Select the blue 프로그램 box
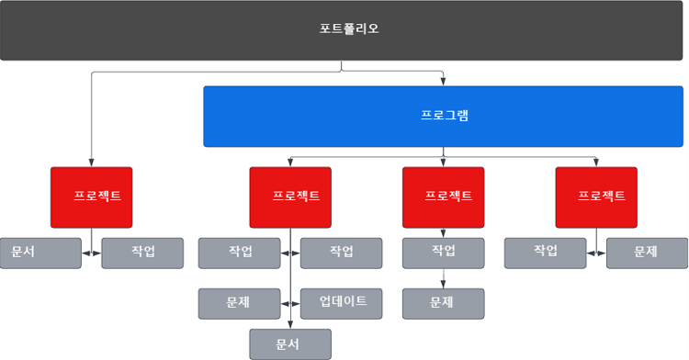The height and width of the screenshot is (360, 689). [443, 117]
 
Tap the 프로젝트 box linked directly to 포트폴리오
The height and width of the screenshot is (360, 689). [91, 197]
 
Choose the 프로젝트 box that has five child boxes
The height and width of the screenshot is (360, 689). [290, 197]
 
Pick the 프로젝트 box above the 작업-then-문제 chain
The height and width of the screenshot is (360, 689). [443, 197]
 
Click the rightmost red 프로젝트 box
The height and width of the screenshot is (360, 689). [596, 197]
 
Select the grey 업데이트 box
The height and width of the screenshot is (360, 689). [341, 303]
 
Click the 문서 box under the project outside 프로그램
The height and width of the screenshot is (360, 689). [40, 253]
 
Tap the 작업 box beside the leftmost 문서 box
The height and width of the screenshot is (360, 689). [142, 253]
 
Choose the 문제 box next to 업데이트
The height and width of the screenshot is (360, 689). [239, 303]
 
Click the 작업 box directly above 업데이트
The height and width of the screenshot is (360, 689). [341, 253]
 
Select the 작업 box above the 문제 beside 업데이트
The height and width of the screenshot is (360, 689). [239, 253]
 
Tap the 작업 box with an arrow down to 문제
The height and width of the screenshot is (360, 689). [443, 253]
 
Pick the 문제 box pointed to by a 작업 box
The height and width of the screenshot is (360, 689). [443, 303]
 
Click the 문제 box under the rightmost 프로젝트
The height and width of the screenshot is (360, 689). [647, 253]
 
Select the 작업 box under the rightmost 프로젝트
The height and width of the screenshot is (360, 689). [545, 253]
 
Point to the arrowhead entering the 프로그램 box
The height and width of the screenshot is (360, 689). [443, 83]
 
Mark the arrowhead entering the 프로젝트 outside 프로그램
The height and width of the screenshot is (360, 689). [91, 163]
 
